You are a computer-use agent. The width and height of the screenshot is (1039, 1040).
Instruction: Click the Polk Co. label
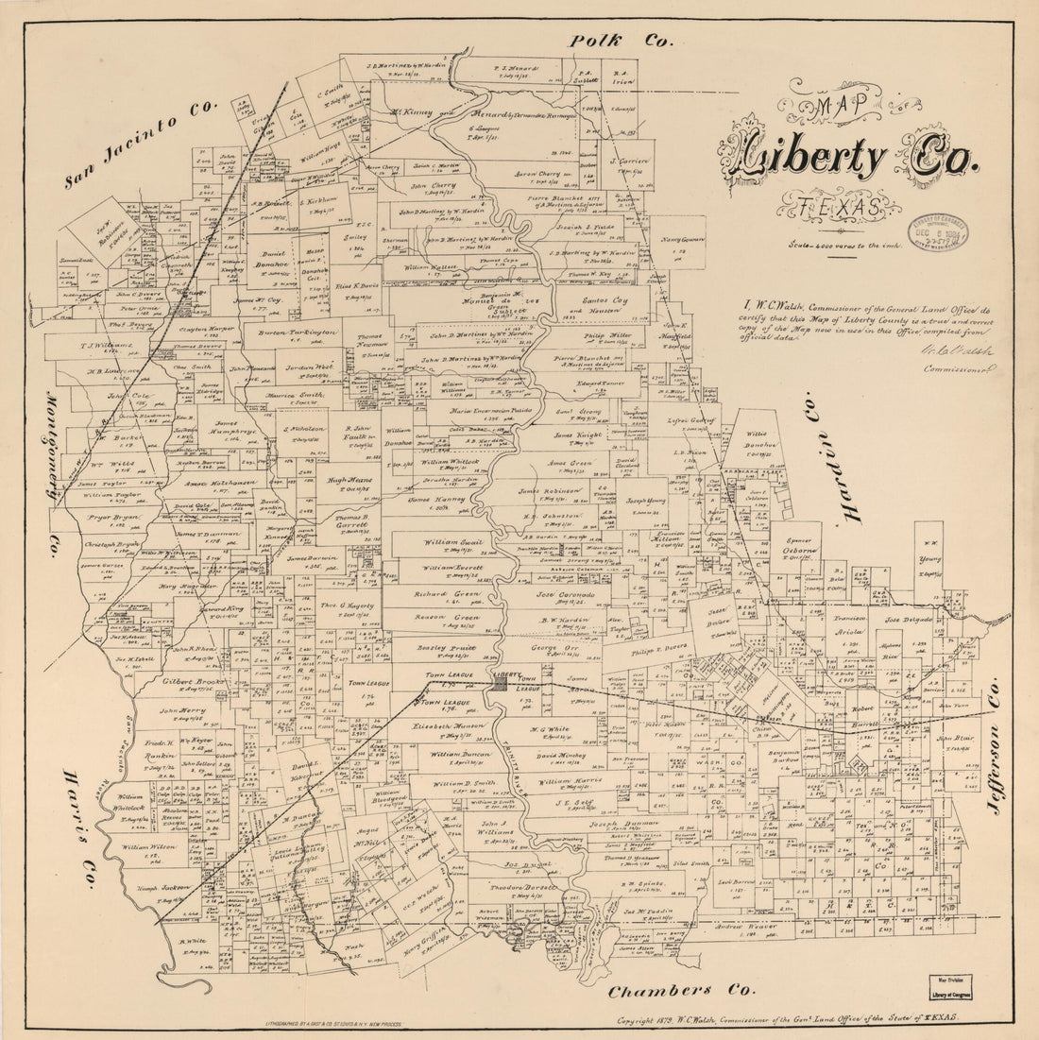pyautogui.click(x=621, y=40)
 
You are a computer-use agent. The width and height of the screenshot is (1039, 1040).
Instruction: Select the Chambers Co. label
pyautogui.click(x=680, y=991)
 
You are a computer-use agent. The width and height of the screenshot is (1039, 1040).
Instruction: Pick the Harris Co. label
pyautogui.click(x=79, y=829)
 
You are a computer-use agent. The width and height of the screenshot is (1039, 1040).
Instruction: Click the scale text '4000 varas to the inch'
pyautogui.click(x=843, y=245)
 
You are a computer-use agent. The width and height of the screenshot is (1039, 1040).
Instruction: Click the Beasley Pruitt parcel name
pyautogui.click(x=447, y=649)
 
